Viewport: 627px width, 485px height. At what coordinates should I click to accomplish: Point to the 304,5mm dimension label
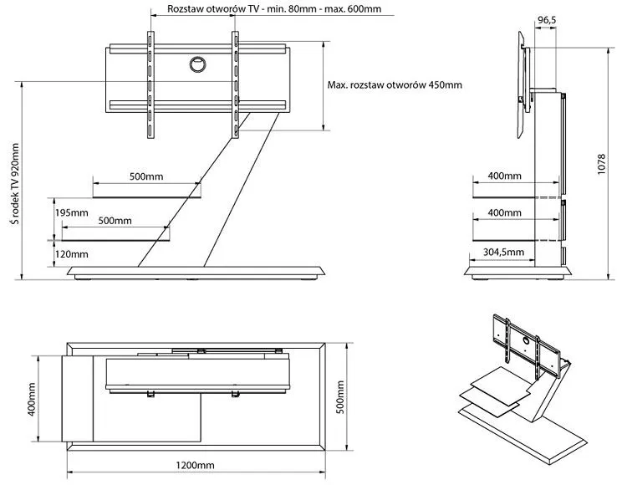pos(504,251)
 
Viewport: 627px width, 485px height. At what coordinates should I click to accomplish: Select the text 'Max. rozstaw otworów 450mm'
pos(395,85)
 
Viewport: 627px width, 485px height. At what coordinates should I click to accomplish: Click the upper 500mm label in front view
pos(146,176)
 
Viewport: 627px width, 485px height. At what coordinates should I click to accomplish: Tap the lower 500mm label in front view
pos(114,221)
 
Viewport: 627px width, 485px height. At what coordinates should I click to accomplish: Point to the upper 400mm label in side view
pos(504,176)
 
